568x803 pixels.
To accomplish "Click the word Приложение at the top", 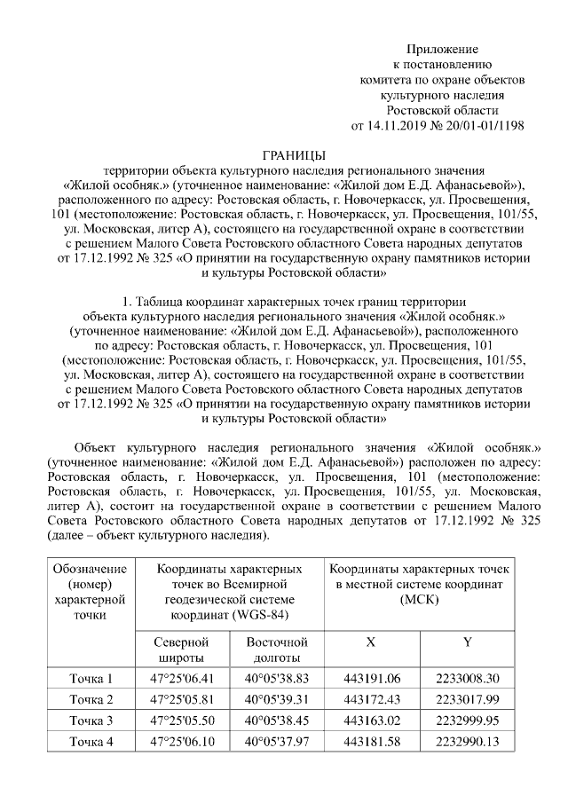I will click(441, 48).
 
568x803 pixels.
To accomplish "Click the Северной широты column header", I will click(179, 649).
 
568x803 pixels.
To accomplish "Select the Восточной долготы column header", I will click(276, 649).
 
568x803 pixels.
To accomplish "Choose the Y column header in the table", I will click(467, 642).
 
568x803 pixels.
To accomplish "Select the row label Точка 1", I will click(91, 679).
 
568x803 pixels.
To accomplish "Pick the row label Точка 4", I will click(91, 742).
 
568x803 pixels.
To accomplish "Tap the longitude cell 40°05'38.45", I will click(277, 720).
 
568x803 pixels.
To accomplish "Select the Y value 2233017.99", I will click(467, 700).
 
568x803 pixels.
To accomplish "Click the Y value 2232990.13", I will click(467, 742).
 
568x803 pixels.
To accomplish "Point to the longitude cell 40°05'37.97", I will click(277, 742).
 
